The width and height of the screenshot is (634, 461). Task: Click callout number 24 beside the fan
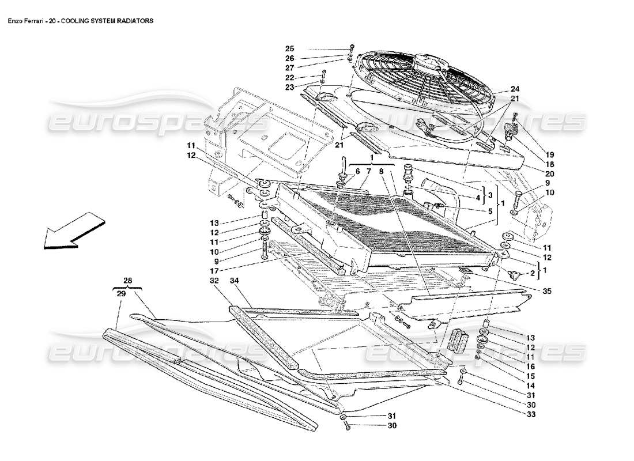pyautogui.click(x=515, y=89)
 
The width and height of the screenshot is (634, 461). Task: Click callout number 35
pyautogui.click(x=547, y=292)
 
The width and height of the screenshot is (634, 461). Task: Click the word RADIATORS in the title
pyautogui.click(x=134, y=20)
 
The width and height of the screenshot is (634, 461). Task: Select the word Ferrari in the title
pyautogui.click(x=36, y=20)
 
